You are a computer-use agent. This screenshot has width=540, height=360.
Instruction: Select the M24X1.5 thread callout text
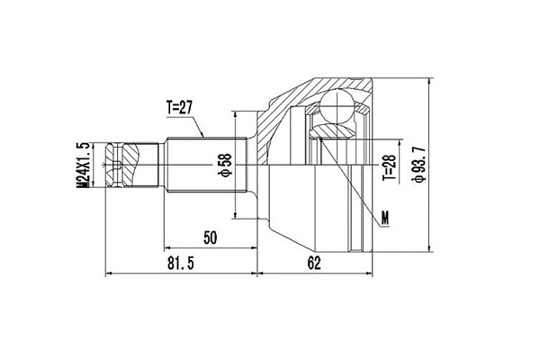tap(82, 164)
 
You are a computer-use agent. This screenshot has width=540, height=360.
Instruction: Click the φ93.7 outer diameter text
tap(417, 162)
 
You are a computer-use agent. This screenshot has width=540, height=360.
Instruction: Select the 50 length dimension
tap(210, 238)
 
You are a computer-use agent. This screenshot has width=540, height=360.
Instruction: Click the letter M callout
tap(384, 217)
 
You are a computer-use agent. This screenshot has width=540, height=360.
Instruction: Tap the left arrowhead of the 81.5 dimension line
tap(110, 271)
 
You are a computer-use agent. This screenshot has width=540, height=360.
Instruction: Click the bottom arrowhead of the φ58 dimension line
tap(236, 216)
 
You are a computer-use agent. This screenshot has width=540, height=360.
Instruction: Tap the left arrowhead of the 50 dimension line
tap(167, 247)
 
